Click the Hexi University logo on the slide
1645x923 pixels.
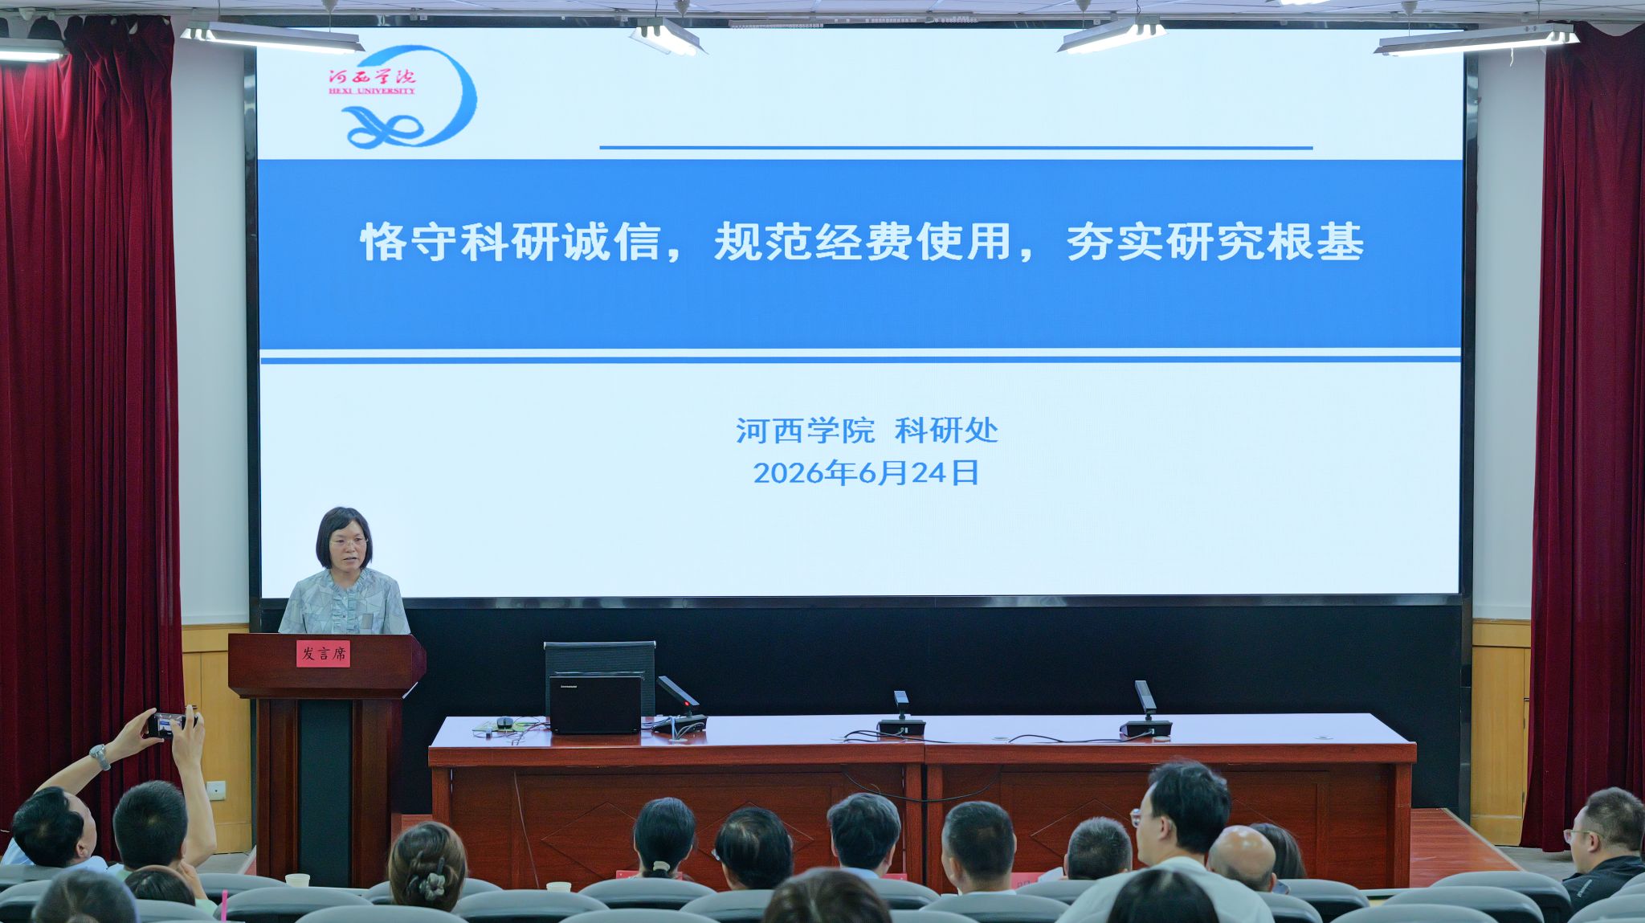(x=402, y=96)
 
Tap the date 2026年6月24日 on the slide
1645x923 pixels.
(x=866, y=473)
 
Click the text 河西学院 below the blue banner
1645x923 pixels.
(x=805, y=431)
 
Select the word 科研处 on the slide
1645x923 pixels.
(x=946, y=431)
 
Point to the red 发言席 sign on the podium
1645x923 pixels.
(x=323, y=654)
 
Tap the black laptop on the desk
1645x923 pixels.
(x=595, y=704)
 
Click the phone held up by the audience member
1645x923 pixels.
(x=170, y=725)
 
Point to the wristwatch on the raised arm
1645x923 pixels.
(x=100, y=756)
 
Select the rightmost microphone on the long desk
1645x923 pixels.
(x=1145, y=710)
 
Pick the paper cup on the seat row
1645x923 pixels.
(x=297, y=880)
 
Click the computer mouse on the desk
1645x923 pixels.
(x=504, y=722)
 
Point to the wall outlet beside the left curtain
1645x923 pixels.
(x=215, y=790)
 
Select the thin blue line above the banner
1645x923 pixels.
(x=956, y=148)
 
